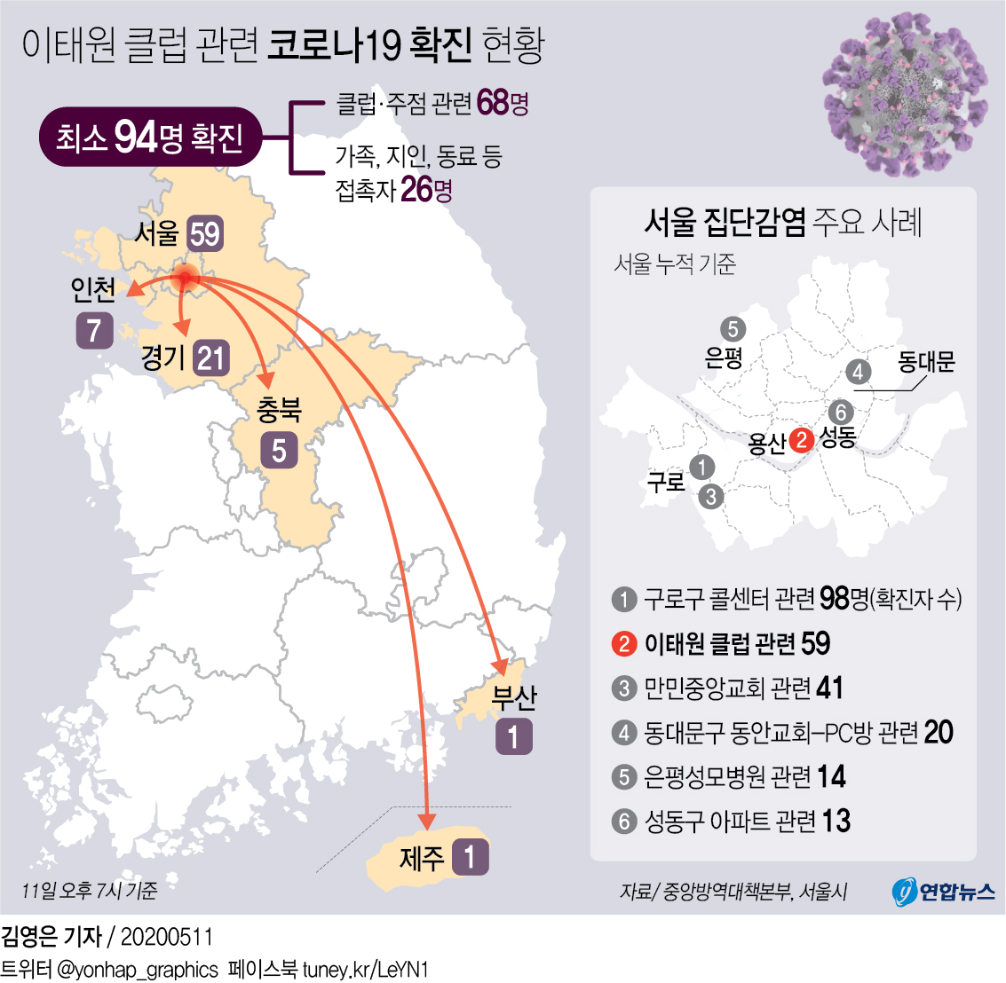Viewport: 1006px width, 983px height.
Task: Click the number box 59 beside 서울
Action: [205, 233]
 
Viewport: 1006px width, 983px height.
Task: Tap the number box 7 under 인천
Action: [94, 330]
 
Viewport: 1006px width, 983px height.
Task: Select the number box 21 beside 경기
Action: [211, 358]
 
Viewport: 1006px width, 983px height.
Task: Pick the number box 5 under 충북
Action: [279, 451]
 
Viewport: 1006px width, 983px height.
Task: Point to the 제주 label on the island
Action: [421, 858]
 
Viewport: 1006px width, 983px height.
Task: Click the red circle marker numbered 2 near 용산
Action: [802, 439]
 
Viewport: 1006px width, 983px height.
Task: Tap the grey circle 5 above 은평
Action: [733, 329]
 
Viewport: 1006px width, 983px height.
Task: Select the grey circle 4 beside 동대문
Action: [857, 372]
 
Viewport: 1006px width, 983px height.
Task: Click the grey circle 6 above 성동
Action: [840, 412]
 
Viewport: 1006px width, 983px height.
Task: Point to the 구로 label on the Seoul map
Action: [666, 482]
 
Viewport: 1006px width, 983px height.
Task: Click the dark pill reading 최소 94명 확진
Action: [149, 138]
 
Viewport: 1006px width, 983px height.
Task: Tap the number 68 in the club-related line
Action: [493, 103]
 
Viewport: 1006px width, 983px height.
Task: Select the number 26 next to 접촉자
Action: [416, 189]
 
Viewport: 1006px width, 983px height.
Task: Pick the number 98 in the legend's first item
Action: [835, 599]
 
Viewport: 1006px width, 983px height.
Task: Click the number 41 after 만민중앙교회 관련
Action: [828, 688]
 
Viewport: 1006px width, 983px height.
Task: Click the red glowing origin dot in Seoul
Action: [185, 277]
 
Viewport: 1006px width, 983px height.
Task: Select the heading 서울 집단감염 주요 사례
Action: [782, 222]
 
